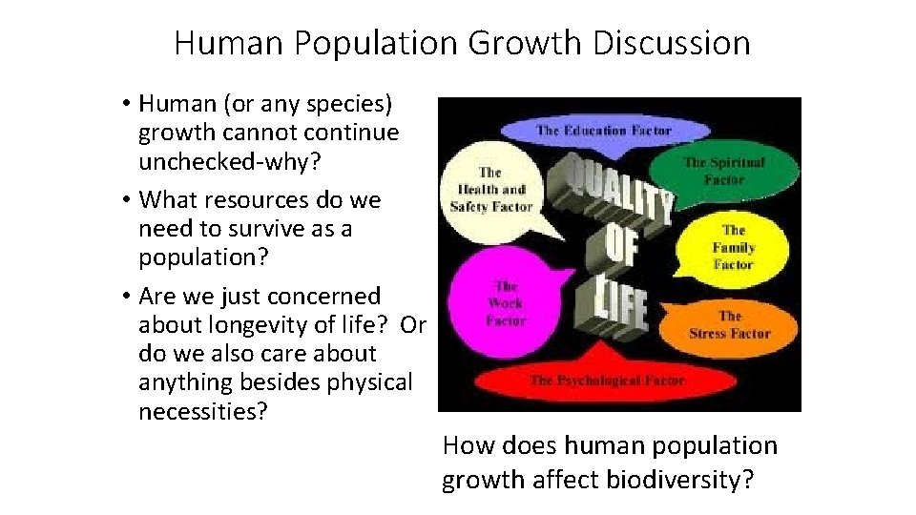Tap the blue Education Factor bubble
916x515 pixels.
[604, 130]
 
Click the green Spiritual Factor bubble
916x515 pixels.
[724, 171]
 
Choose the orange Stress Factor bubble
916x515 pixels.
[730, 324]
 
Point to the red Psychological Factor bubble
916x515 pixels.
[608, 380]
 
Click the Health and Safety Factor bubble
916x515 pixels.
[489, 189]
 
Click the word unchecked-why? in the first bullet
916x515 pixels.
[229, 162]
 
